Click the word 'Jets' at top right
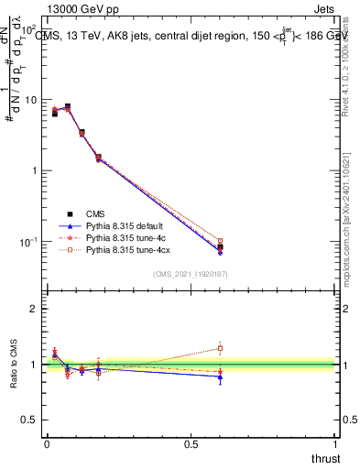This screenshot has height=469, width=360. tap(323, 10)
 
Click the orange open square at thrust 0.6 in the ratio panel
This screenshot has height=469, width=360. tap(220, 348)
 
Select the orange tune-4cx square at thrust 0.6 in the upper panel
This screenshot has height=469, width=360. tap(220, 241)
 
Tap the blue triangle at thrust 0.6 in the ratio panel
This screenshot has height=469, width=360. tap(220, 376)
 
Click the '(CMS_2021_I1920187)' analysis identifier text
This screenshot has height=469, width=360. tap(190, 274)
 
